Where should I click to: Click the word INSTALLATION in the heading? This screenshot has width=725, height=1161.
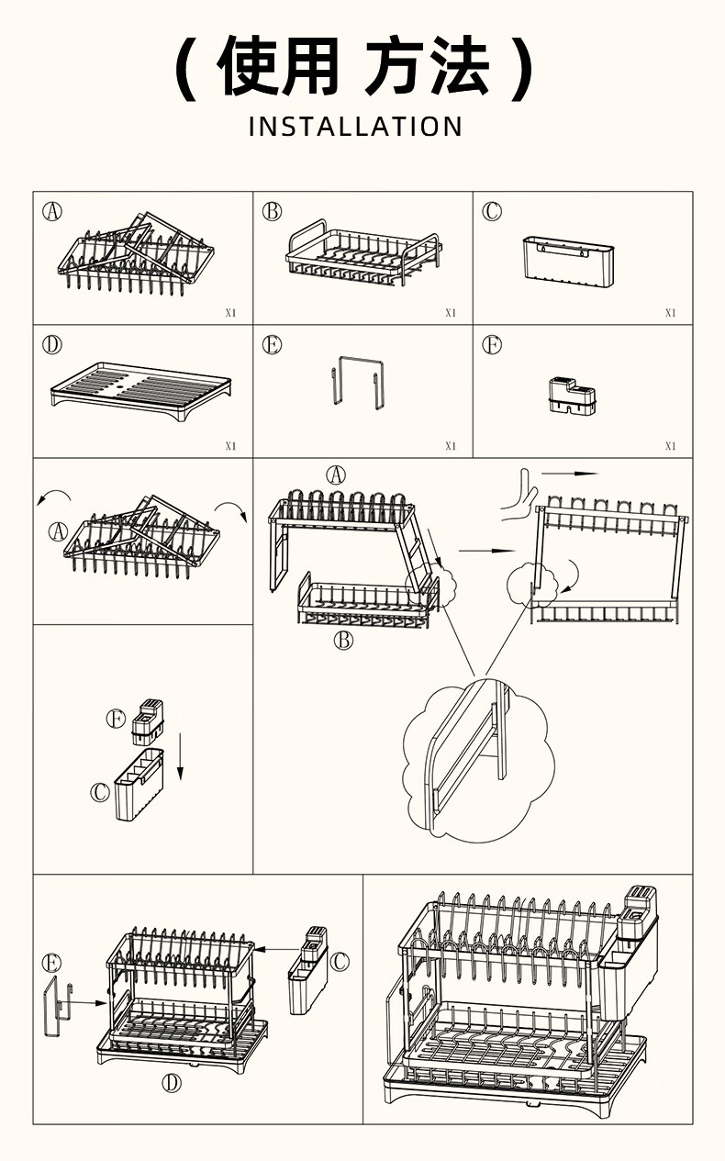[356, 127]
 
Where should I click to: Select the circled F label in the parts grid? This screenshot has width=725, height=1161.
[493, 345]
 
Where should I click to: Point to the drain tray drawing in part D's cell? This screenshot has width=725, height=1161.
[139, 390]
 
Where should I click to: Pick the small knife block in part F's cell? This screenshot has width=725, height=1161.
[572, 396]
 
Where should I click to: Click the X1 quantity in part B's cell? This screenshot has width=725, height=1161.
[450, 313]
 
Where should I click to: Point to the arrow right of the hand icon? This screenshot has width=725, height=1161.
[569, 474]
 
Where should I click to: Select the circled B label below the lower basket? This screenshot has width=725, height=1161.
[343, 641]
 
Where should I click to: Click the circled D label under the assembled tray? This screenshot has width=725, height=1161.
[172, 1083]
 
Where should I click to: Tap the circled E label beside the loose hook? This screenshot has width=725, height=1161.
[52, 963]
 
